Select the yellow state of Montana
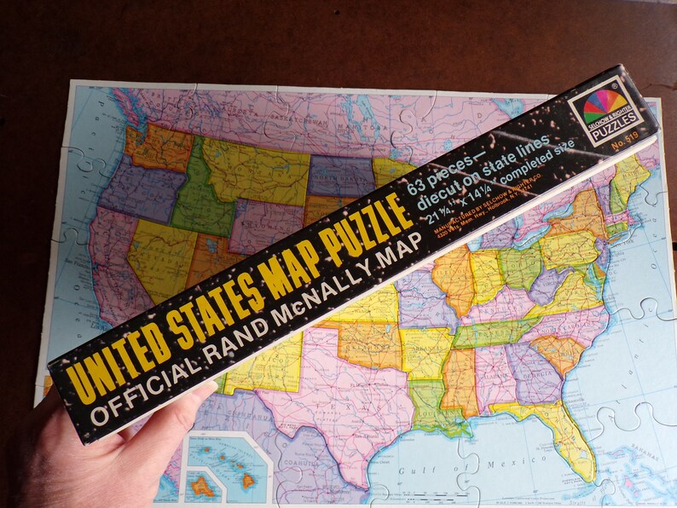point(247,165)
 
